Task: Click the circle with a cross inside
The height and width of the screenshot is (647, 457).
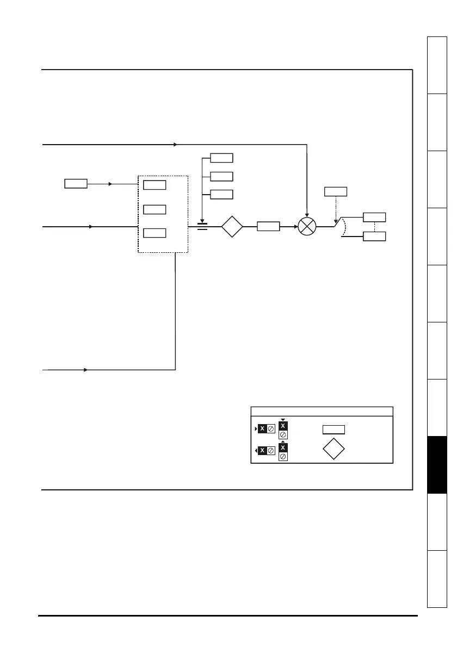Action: (307, 227)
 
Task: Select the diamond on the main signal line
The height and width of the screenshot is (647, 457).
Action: (232, 227)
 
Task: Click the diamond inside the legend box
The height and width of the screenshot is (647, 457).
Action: (334, 449)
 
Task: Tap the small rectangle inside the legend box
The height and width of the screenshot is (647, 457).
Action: (334, 430)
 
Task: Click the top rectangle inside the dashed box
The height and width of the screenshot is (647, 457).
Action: (155, 185)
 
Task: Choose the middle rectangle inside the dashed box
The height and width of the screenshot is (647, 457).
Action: (155, 210)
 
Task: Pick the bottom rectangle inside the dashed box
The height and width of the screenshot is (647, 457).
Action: (155, 233)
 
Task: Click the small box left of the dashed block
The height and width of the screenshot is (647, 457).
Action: (76, 184)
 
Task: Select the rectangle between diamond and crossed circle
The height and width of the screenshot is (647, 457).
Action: (268, 227)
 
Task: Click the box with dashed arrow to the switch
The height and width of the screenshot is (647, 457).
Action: (336, 191)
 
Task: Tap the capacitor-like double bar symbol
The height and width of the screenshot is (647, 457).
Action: (202, 226)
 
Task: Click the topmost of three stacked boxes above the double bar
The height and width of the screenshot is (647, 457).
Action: (221, 158)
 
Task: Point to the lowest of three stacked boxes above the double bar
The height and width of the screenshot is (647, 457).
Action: (221, 194)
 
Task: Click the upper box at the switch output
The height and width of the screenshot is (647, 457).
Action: (374, 217)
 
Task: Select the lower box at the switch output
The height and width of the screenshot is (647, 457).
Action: (374, 237)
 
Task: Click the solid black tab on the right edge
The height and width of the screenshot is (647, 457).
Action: (437, 465)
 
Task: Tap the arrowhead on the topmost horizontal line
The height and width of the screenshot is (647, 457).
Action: (175, 145)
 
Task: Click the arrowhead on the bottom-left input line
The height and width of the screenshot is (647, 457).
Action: (86, 370)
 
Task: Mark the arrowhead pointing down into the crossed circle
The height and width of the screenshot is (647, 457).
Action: (307, 215)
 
